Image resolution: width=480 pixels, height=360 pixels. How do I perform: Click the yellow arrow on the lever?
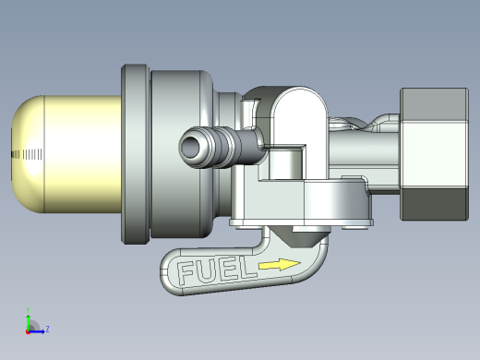[280, 265]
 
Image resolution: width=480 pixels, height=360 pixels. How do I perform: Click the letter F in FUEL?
[186, 272]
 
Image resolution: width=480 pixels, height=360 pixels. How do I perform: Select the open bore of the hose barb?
[190, 147]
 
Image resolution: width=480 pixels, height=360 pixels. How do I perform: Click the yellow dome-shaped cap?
[66, 154]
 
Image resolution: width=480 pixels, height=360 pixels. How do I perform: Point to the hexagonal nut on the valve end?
[435, 154]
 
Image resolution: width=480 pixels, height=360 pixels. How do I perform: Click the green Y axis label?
[28, 310]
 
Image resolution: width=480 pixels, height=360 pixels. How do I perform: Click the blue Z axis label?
[47, 330]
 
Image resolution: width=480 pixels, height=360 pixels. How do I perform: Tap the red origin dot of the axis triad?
[28, 332]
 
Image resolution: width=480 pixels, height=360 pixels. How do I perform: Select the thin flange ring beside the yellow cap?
[136, 154]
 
